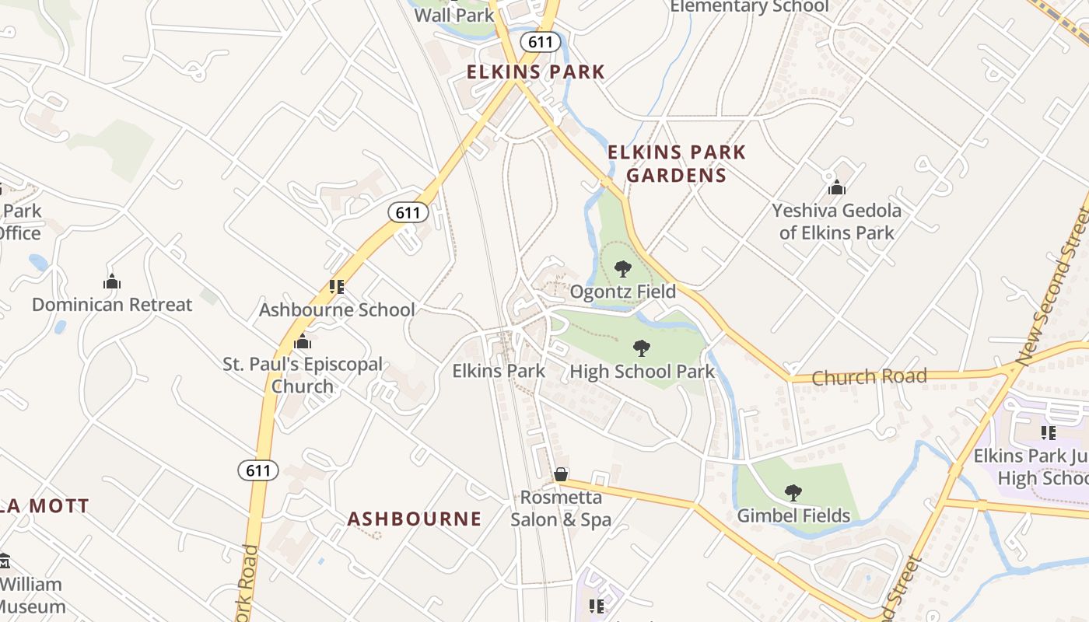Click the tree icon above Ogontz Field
point(622,269)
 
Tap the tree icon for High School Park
point(641,348)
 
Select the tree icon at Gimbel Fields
point(793,492)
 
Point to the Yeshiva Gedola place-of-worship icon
point(837,187)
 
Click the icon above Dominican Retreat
point(112,281)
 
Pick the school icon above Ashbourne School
point(337,287)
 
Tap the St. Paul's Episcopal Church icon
point(303,341)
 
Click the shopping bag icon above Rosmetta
point(560,473)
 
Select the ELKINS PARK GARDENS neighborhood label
point(676,163)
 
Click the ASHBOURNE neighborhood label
point(414,519)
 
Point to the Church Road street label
point(869,377)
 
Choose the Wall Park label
point(454,15)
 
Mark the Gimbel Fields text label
point(793,515)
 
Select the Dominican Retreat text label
point(112,304)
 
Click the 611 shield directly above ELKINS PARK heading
point(540,42)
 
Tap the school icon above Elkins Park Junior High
point(1049,432)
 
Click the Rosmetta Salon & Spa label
point(561,508)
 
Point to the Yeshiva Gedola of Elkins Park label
point(836,221)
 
